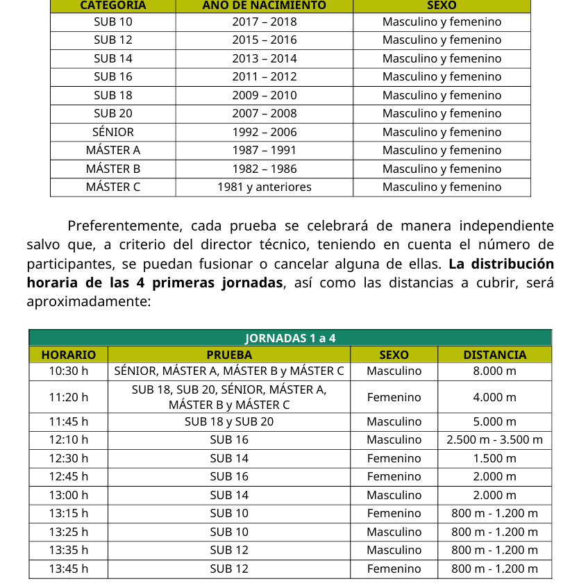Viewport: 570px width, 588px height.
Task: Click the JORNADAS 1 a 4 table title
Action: coord(290,338)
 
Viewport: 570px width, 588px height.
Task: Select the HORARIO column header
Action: coord(69,355)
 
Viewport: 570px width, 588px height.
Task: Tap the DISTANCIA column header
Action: coord(494,355)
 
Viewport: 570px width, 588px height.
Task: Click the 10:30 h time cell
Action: coord(69,371)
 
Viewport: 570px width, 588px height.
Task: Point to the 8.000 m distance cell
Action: coord(494,371)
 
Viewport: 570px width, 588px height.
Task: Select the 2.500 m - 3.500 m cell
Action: coord(494,439)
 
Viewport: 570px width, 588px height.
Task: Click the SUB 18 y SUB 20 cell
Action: coord(229,421)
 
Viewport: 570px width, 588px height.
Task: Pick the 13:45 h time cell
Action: coord(69,569)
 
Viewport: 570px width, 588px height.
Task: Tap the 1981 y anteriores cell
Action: coord(264,187)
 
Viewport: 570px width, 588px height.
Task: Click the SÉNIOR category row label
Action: coord(112,132)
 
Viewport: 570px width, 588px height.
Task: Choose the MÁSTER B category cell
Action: coord(112,169)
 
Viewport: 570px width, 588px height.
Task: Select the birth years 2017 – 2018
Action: coord(264,22)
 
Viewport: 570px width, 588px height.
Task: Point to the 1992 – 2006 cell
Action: coord(264,132)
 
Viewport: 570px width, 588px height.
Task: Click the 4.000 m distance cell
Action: coord(494,397)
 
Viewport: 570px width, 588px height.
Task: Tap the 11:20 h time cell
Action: coord(69,397)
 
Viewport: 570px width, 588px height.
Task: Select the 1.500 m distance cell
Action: coord(494,458)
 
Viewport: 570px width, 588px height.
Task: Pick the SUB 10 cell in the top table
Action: coord(112,22)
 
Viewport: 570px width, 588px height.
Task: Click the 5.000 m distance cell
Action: coord(494,421)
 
